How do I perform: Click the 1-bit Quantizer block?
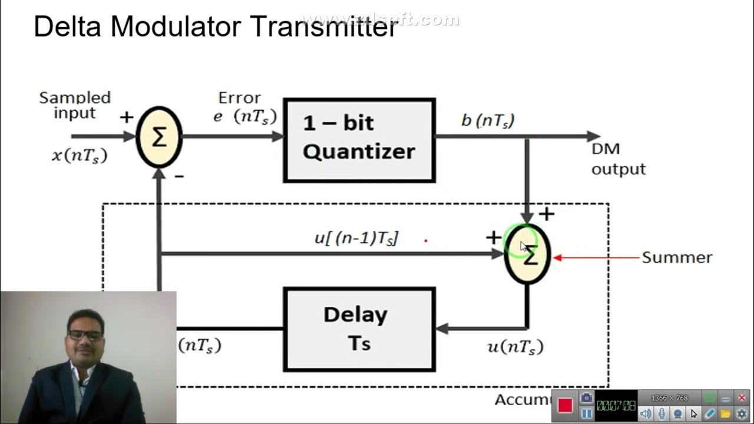[x=359, y=140]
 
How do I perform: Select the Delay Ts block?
[x=359, y=329]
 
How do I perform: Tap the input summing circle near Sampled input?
[x=159, y=137]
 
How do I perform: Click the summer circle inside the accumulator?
[x=527, y=254]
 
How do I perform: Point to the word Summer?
[x=677, y=257]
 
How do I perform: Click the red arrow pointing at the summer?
[x=595, y=257]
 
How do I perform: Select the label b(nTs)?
[x=488, y=121]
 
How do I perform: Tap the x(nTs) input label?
[x=80, y=155]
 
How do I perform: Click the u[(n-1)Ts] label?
[x=356, y=238]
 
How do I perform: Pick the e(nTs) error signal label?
[x=244, y=116]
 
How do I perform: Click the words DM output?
[x=618, y=159]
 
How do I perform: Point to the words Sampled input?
[x=75, y=105]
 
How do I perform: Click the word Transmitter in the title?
[x=323, y=26]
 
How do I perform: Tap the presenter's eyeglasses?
[x=85, y=335]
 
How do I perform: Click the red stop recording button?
[x=565, y=405]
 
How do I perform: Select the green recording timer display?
[x=616, y=405]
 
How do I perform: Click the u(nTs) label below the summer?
[x=515, y=347]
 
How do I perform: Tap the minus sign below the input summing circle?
[x=179, y=175]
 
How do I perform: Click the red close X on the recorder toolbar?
[x=742, y=398]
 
